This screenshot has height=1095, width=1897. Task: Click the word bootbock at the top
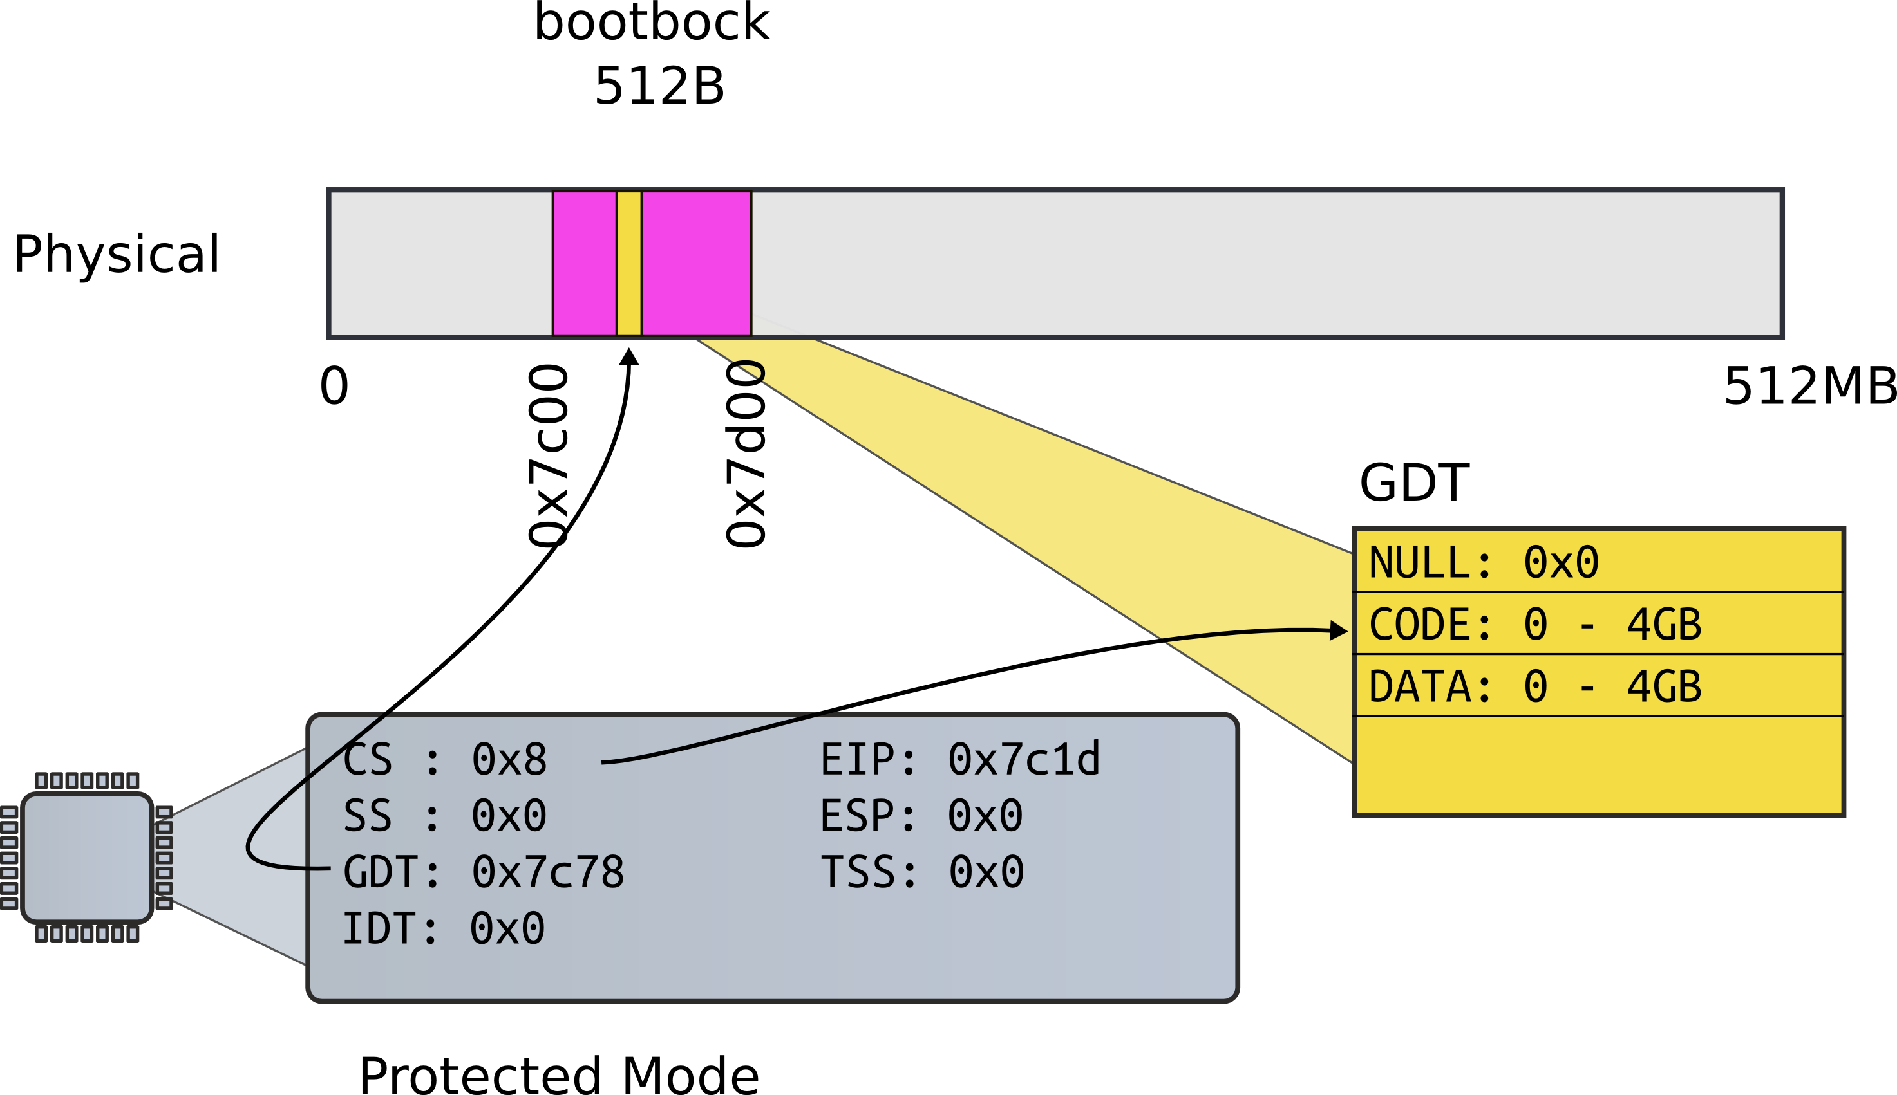[652, 23]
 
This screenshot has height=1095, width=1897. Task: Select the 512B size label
[659, 86]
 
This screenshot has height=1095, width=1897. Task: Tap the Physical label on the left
[117, 254]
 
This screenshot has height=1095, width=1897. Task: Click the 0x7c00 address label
[548, 455]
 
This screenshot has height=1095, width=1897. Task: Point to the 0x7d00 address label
[745, 454]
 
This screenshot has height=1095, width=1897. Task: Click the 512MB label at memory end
[1809, 387]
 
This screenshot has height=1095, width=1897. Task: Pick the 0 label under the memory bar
[334, 387]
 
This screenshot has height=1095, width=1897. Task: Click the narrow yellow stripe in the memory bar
[629, 263]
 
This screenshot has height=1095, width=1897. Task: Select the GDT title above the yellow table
[1414, 483]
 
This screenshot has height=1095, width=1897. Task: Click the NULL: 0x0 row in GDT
[1484, 562]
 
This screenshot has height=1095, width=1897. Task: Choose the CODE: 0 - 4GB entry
[1535, 624]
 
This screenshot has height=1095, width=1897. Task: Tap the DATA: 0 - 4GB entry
[1535, 686]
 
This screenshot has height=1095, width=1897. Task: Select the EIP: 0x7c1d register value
[959, 760]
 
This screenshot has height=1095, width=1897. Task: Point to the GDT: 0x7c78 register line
[483, 872]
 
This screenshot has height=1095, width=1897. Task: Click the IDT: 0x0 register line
[443, 929]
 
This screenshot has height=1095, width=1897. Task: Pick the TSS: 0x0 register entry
[922, 872]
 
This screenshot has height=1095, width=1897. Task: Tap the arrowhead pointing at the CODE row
[1339, 630]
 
